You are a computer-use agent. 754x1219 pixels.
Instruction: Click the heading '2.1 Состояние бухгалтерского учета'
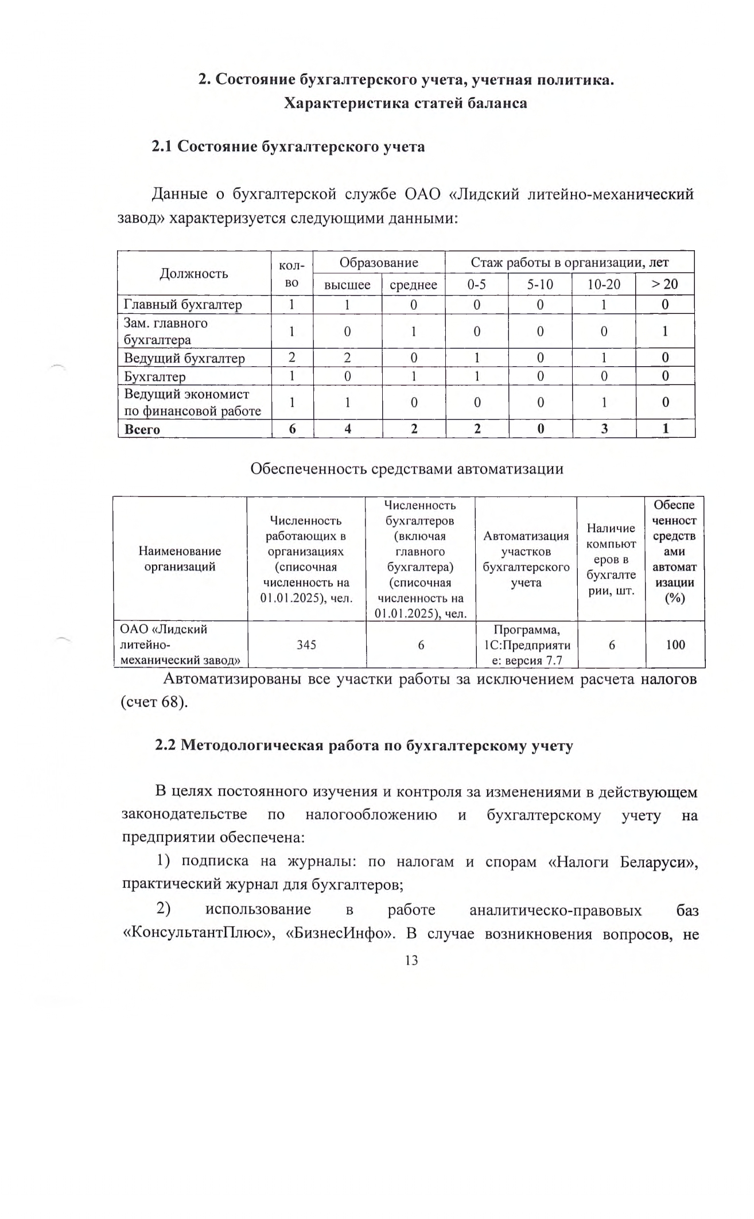click(288, 146)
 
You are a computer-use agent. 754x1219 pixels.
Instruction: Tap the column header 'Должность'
click(194, 273)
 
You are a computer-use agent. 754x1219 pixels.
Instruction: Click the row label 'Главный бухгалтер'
click(183, 304)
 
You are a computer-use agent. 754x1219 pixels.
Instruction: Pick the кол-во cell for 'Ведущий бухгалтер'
click(292, 358)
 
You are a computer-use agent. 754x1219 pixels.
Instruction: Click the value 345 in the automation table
click(306, 645)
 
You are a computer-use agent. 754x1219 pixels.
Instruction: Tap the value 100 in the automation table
click(675, 645)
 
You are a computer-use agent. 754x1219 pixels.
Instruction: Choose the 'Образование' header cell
click(379, 262)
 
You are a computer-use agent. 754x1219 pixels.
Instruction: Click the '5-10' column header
click(540, 284)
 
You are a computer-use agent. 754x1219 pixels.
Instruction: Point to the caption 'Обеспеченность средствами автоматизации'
click(407, 468)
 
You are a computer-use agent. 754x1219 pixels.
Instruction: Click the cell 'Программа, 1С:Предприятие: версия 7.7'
click(526, 645)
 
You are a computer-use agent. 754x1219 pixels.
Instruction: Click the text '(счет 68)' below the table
click(154, 702)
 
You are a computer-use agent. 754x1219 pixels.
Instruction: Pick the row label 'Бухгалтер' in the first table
click(155, 376)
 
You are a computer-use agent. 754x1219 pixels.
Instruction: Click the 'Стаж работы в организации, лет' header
click(569, 262)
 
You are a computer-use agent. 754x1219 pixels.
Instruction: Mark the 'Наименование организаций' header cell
click(180, 558)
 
